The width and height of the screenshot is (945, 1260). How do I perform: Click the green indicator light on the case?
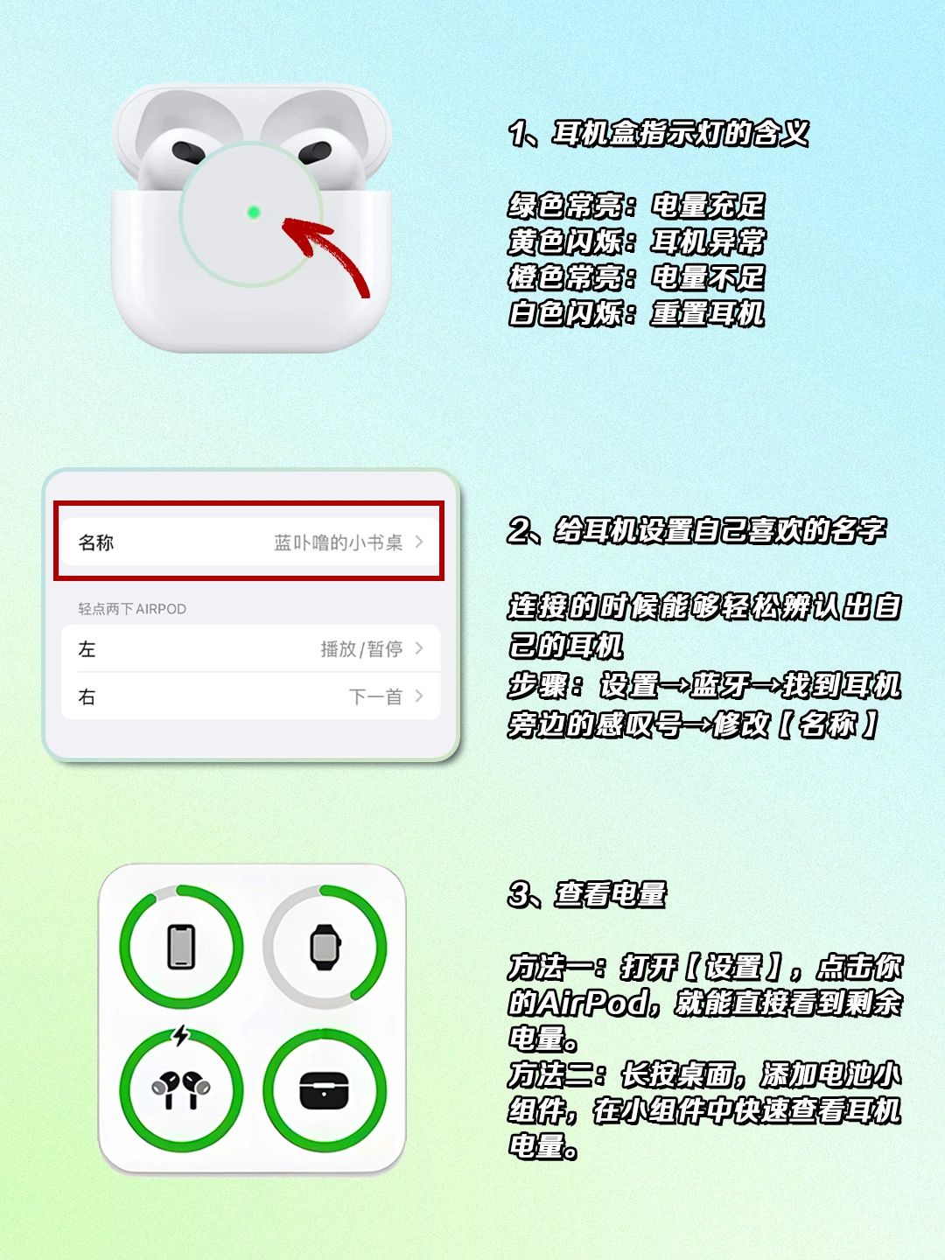254,213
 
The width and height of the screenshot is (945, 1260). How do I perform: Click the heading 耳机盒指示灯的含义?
680,134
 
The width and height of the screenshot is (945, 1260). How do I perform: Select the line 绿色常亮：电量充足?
636,206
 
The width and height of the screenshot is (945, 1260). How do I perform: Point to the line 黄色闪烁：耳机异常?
636,241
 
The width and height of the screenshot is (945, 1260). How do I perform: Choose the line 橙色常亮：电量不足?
636,277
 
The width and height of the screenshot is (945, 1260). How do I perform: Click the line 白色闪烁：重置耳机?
636,313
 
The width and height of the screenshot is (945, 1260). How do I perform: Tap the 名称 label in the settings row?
96,542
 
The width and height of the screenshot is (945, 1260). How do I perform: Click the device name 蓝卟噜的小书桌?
338,542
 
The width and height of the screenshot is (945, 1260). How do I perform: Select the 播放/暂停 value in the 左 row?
361,649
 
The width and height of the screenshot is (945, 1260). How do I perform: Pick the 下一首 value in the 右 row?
375,696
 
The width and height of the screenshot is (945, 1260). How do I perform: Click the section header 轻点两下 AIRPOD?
132,608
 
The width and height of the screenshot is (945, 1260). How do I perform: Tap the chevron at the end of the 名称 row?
419,542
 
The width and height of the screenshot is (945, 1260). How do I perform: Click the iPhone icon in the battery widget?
181,947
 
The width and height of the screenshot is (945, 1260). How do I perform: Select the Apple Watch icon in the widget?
325,947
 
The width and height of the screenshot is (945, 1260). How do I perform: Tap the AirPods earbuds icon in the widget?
181,1089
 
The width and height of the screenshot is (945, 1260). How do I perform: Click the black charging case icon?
324,1090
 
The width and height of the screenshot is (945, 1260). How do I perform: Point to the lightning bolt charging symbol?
181,1035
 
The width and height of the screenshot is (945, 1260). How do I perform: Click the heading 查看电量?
611,894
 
